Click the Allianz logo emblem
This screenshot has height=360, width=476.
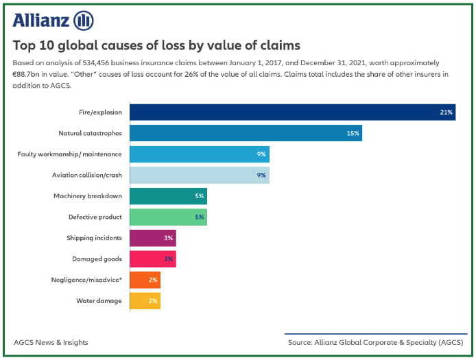(83, 20)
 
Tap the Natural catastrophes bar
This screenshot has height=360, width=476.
(246, 133)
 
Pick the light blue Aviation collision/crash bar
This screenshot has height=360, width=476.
(200, 175)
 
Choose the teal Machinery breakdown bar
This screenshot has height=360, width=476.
(168, 196)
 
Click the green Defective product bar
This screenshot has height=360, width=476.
(168, 217)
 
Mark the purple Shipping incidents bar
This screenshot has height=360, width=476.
(153, 238)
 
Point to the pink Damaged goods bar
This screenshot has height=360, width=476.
(153, 259)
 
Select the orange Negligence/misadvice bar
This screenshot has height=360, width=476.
(145, 280)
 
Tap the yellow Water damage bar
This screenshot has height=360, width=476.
(145, 300)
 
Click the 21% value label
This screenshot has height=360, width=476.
(447, 112)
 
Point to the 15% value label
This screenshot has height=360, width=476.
(353, 133)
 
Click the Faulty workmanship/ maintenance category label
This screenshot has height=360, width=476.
(69, 154)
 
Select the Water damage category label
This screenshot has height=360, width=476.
(99, 300)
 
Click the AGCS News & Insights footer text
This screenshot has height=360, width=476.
(51, 342)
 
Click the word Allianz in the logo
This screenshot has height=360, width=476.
(40, 20)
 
